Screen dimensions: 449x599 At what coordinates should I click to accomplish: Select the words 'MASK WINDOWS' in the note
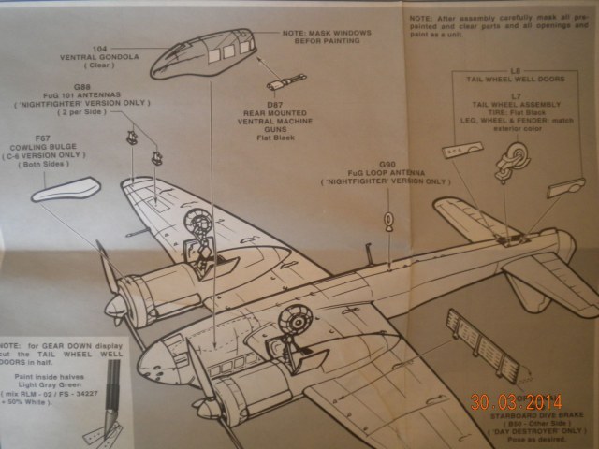341,35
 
